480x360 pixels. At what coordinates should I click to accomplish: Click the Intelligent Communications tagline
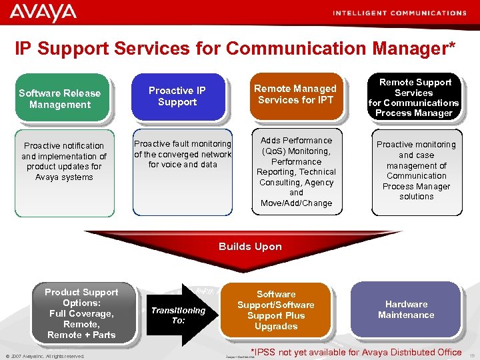[399, 13]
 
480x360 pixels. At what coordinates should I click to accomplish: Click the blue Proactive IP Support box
[177, 97]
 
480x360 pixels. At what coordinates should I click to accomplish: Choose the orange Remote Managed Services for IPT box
[295, 95]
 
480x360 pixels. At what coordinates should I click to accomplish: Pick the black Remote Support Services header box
[414, 97]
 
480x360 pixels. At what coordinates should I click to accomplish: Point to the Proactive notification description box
[64, 162]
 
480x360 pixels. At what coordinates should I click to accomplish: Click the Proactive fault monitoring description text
[183, 154]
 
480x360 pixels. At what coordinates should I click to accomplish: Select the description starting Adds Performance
[297, 172]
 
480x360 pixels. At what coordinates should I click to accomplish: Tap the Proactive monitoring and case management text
[416, 171]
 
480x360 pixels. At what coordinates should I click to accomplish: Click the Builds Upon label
[250, 247]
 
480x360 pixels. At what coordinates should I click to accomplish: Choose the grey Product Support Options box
[81, 313]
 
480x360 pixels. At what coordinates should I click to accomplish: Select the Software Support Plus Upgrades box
[276, 311]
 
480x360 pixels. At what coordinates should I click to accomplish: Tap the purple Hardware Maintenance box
[406, 310]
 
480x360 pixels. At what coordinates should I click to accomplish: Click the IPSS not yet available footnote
[355, 352]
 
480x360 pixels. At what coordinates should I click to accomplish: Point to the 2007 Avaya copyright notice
[45, 356]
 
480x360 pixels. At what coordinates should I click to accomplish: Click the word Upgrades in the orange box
[276, 327]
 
